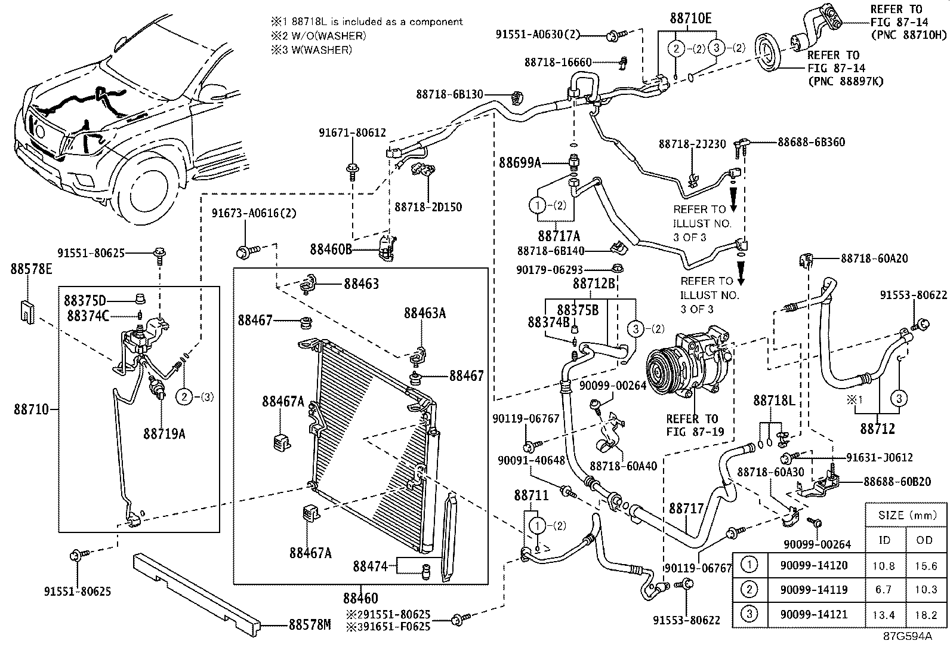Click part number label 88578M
coord(309,625)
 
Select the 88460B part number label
coord(331,248)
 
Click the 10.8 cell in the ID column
coord(885,566)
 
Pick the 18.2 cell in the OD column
coord(926,615)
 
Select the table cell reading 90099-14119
coord(813,590)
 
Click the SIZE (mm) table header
coord(905,515)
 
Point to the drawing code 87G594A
coord(908,636)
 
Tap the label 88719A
coord(164,434)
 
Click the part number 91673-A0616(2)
coord(254,213)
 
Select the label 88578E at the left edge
coord(31,269)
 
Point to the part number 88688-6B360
coord(811,142)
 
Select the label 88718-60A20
coord(874,258)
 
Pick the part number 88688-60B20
coord(896,482)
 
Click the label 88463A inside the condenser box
coord(424,313)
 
